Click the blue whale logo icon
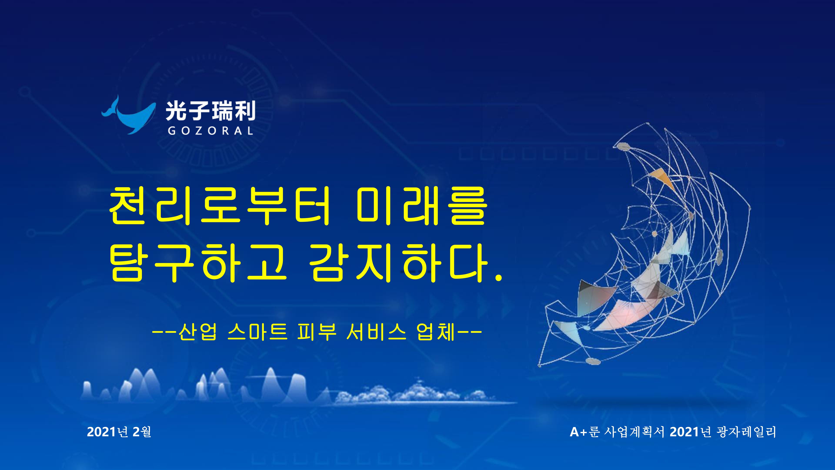point(126,117)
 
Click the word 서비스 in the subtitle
point(376,332)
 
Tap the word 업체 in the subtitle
point(436,332)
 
